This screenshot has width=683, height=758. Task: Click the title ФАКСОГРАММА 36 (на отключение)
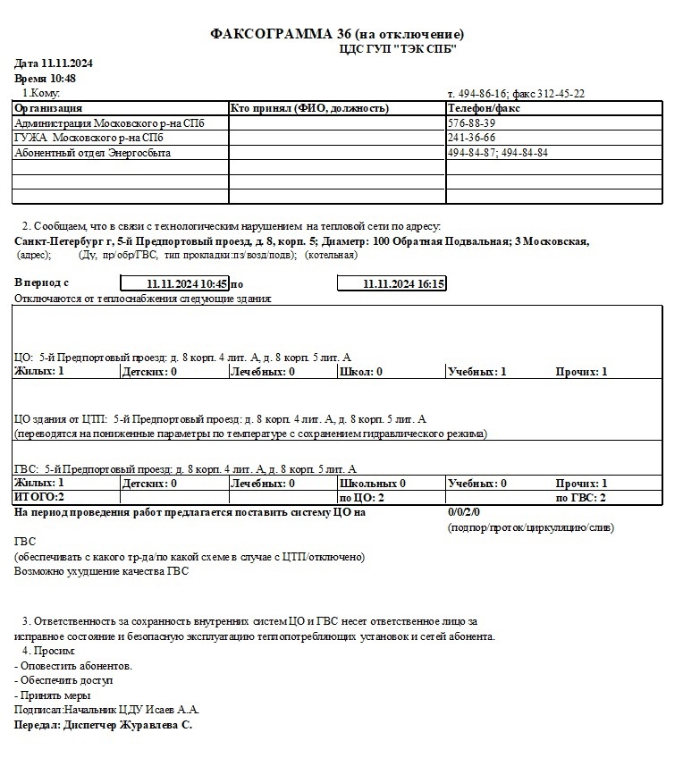(337, 34)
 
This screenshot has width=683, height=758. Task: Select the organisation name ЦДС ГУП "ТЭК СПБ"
(398, 49)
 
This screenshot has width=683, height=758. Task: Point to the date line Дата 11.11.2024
(55, 64)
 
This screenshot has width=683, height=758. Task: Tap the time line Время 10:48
(46, 79)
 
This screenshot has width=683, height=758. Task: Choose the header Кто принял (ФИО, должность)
(309, 108)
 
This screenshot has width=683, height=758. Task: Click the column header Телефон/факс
(485, 108)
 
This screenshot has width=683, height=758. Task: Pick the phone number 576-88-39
(471, 123)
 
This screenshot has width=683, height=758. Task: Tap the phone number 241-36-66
(471, 138)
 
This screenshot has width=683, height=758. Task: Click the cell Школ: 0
(361, 371)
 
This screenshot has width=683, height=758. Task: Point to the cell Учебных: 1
(476, 371)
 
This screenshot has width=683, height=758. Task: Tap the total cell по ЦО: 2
(362, 497)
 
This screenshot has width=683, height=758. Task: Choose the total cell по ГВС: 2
(581, 497)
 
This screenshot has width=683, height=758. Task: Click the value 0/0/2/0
(464, 512)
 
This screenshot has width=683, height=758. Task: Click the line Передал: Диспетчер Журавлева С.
(104, 725)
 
